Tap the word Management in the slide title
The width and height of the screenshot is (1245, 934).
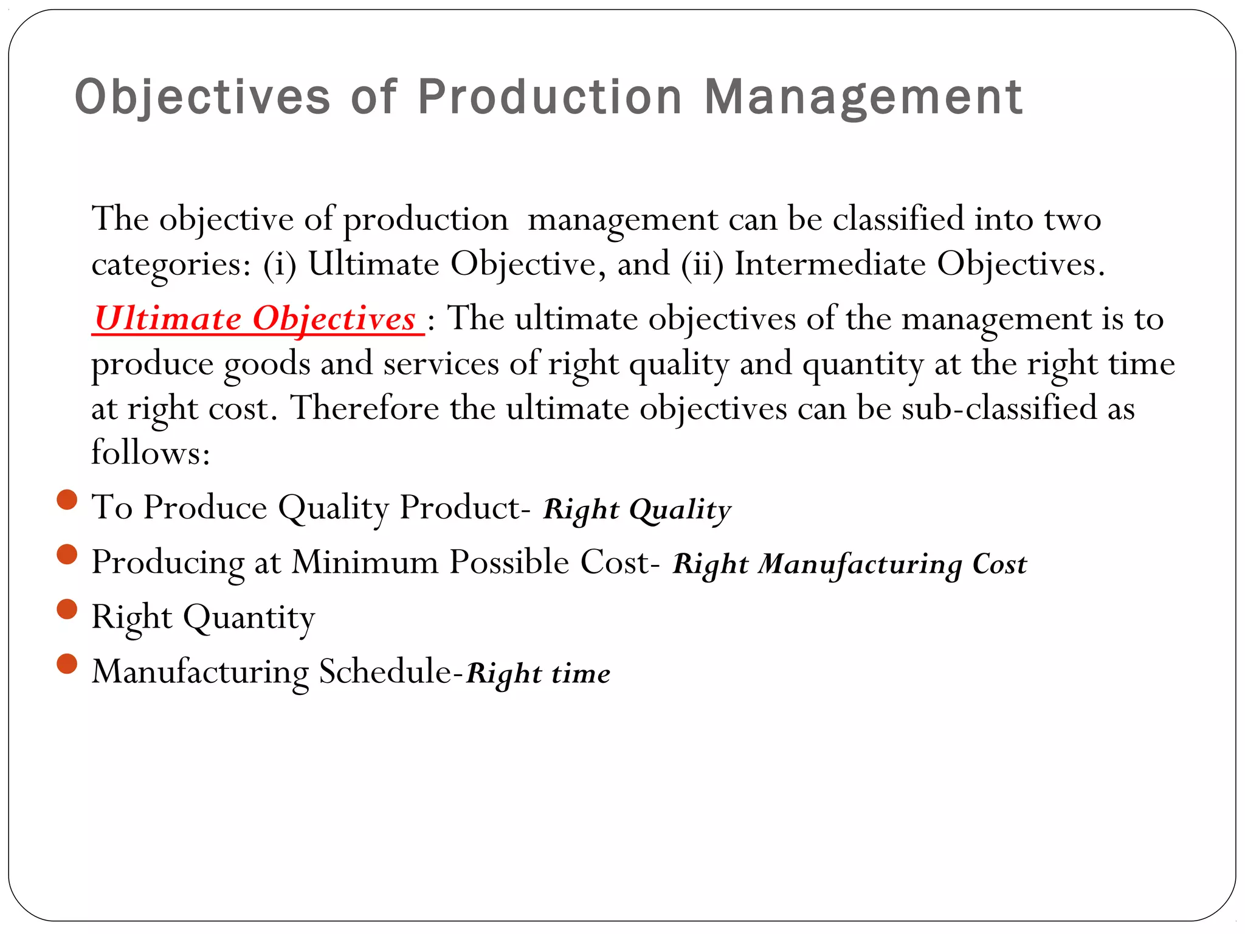[x=863, y=97]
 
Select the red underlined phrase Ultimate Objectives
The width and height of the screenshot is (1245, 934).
[x=256, y=319]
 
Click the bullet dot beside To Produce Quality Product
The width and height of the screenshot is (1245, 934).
[x=67, y=500]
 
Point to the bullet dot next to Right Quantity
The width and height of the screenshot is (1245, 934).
[x=67, y=609]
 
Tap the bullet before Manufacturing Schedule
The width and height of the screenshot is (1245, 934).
[x=67, y=664]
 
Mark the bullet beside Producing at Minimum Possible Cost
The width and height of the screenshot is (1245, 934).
[x=67, y=555]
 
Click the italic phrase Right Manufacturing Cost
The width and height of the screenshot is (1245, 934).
[x=849, y=564]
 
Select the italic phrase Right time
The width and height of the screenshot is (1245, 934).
[x=538, y=673]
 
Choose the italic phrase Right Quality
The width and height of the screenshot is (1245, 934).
[x=637, y=509]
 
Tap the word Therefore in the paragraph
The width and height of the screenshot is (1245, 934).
[x=365, y=407]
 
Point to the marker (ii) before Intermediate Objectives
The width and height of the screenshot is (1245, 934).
[x=702, y=265]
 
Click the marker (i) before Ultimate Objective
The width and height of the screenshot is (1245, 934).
[x=280, y=265]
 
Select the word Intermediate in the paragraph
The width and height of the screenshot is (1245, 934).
[x=830, y=265]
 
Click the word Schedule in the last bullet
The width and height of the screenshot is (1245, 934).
[x=385, y=672]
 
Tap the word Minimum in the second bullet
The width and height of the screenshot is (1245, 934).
[x=365, y=562]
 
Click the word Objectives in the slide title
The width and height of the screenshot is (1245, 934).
[x=202, y=97]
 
